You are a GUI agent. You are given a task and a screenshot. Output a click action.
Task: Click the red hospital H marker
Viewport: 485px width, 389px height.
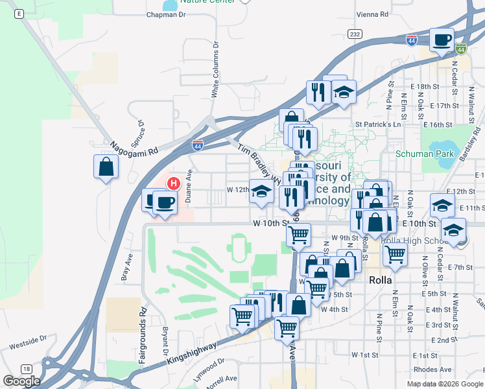pyautogui.click(x=172, y=183)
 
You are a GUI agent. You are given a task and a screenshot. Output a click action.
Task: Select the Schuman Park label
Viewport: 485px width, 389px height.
pyautogui.click(x=426, y=154)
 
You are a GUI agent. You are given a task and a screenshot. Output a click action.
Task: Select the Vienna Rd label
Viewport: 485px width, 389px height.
pyautogui.click(x=373, y=14)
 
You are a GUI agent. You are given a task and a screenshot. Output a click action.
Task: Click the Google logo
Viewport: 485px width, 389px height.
pyautogui.click(x=21, y=381)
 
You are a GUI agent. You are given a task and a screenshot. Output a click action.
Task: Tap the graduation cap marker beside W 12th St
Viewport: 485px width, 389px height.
pyautogui.click(x=261, y=192)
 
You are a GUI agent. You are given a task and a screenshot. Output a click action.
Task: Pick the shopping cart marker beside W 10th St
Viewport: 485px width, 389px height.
pyautogui.click(x=298, y=235)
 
